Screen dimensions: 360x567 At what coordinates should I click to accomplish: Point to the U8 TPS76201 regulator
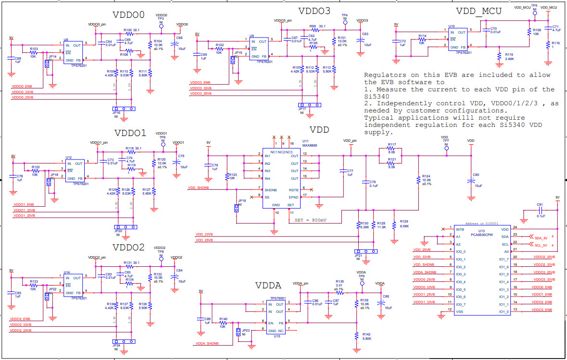[73, 51]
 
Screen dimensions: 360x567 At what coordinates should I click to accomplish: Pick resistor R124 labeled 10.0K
[418, 180]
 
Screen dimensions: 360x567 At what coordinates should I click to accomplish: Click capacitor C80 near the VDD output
[471, 181]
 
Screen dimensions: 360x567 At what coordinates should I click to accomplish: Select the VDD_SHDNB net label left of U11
[199, 188]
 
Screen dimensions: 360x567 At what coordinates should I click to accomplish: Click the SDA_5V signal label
[541, 237]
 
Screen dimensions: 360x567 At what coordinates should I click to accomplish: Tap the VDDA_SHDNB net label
[207, 344]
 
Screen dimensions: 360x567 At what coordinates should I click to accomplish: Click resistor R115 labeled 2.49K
[500, 56]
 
